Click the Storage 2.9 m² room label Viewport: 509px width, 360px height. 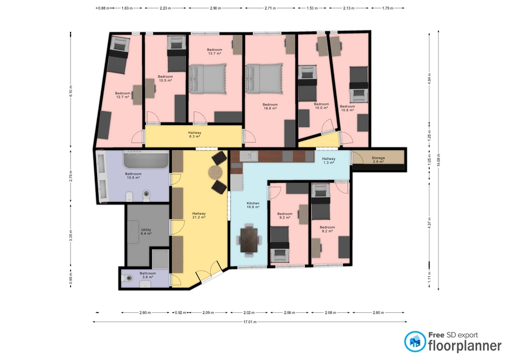click(x=378, y=160)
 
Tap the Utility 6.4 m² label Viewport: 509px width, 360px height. click(x=146, y=232)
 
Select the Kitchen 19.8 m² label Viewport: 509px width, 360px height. click(x=253, y=205)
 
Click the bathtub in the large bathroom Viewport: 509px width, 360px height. click(x=146, y=159)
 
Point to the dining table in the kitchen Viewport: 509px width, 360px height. click(x=249, y=240)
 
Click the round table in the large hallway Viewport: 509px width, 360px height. click(x=216, y=172)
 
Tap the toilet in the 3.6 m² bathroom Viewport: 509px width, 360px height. click(x=127, y=278)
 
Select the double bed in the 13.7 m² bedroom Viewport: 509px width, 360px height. click(x=208, y=79)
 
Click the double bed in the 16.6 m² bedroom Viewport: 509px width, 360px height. click(x=264, y=79)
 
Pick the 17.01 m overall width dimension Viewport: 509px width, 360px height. click(x=250, y=322)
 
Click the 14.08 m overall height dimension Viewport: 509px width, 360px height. click(x=438, y=160)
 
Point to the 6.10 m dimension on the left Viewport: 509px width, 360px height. click(x=71, y=91)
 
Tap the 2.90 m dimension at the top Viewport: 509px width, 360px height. click(x=215, y=8)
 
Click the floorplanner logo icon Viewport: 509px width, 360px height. click(x=415, y=341)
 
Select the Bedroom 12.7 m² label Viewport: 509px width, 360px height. click(x=122, y=95)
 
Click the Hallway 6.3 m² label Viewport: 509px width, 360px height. click(x=195, y=134)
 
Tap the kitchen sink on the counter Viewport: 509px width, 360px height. click(x=249, y=156)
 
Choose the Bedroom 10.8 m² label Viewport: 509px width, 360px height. click(x=347, y=108)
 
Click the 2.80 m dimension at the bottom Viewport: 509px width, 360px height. click(x=378, y=313)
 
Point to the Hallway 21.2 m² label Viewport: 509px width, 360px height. click(x=199, y=215)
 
